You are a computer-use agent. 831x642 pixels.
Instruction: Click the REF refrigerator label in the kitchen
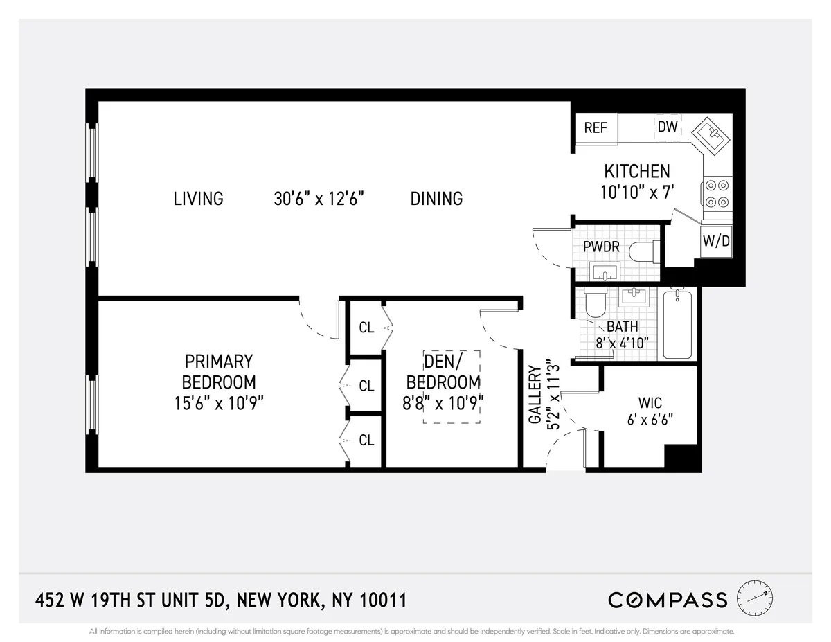596,127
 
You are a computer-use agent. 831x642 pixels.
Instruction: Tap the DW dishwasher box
668,127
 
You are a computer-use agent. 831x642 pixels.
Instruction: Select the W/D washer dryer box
716,241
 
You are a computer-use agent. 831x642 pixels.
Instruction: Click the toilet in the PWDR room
643,251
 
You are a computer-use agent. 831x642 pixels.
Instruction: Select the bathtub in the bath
677,324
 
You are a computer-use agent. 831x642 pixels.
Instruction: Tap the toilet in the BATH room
596,301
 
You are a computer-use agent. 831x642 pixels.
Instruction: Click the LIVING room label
198,199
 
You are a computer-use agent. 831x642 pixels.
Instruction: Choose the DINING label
436,199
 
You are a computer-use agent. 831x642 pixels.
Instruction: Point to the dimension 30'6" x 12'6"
319,199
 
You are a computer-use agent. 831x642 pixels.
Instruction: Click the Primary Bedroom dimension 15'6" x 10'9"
219,403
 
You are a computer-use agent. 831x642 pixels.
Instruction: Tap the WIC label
650,402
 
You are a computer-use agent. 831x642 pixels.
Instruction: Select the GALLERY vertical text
535,395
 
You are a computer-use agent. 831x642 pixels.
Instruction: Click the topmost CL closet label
366,328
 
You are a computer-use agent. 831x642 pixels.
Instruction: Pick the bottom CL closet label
366,440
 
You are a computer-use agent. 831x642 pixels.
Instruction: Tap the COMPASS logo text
668,600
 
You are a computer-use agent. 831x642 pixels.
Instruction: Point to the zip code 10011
381,600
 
